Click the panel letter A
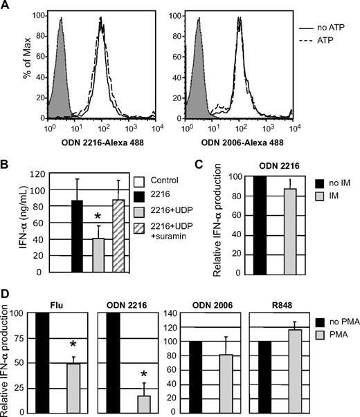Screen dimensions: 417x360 click(x=7, y=7)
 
